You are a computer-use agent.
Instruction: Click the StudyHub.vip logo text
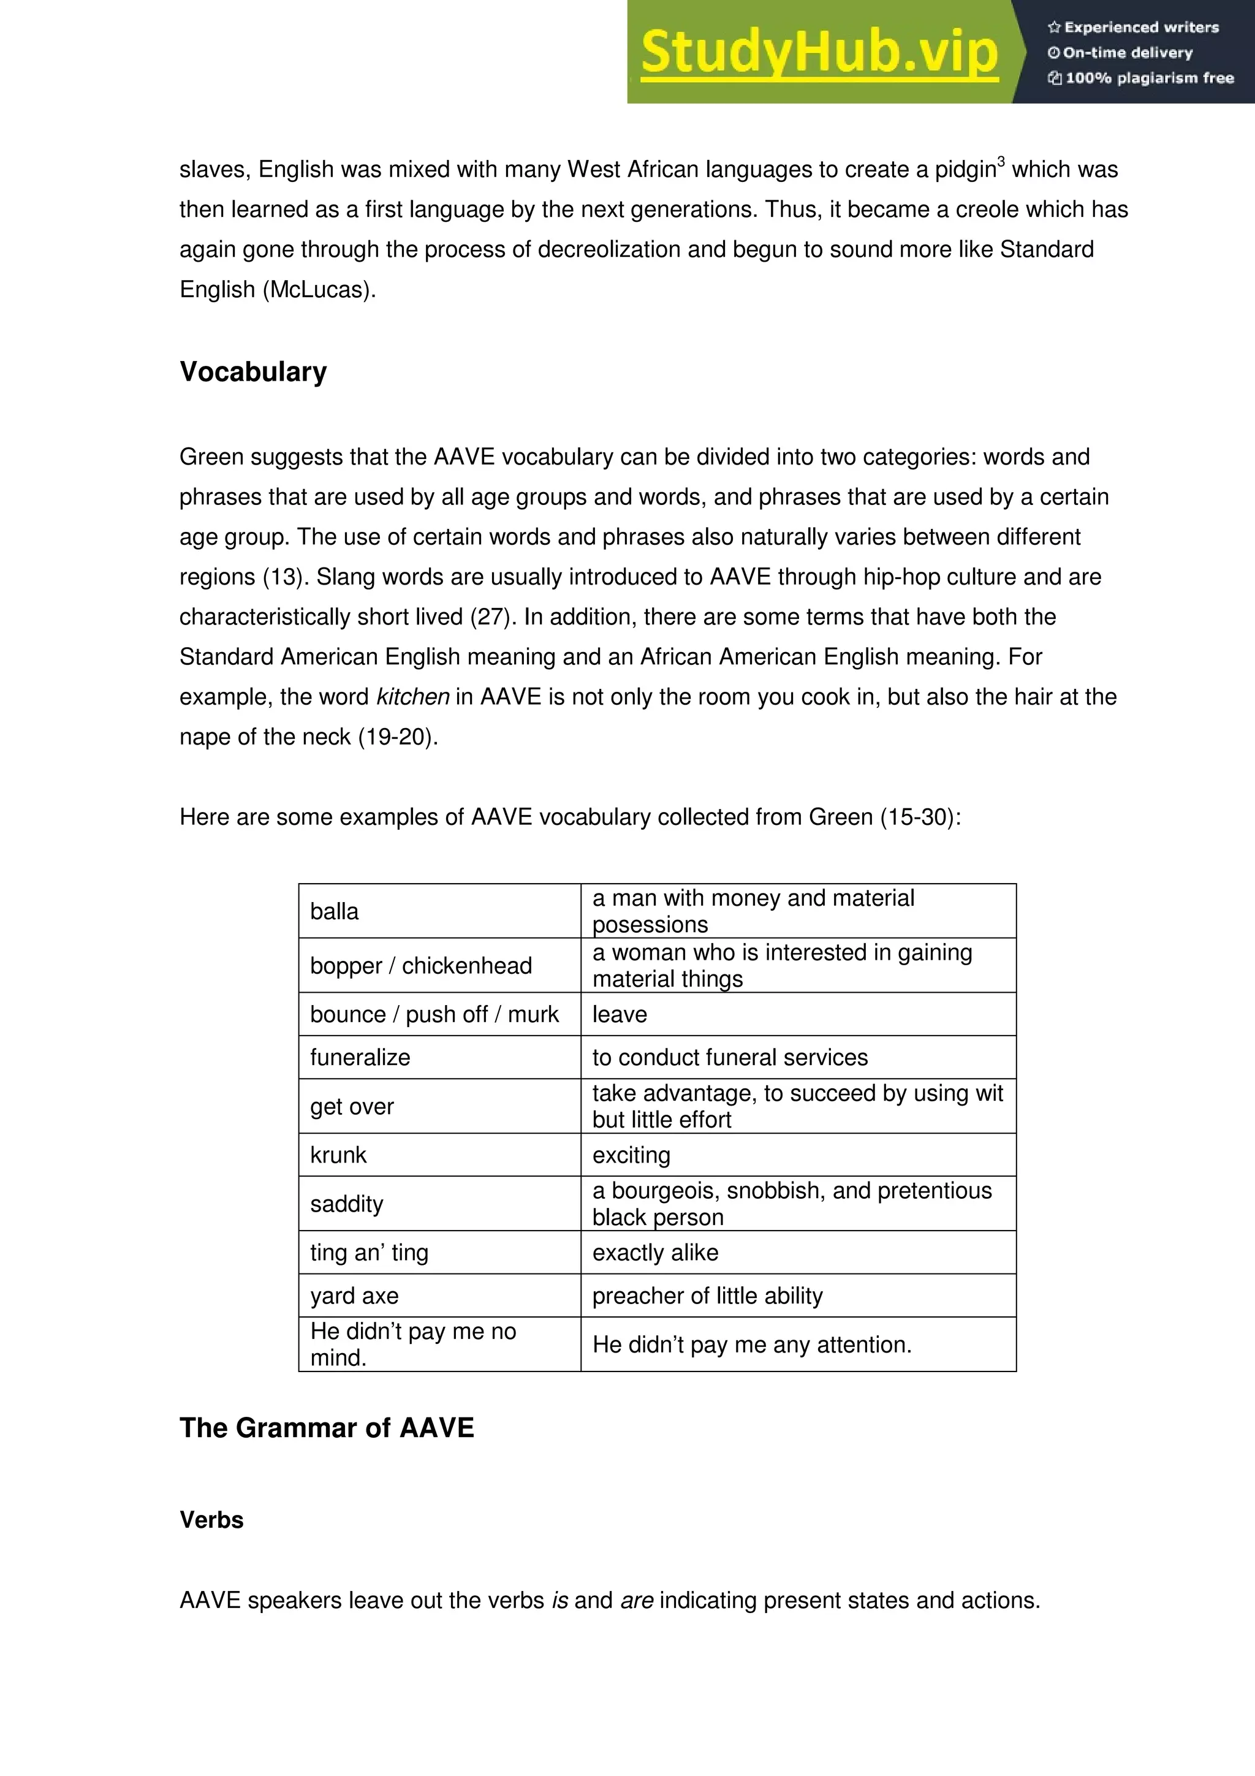pyautogui.click(x=819, y=52)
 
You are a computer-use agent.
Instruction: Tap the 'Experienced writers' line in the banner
pyautogui.click(x=1134, y=27)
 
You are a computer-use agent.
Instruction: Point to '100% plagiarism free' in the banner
pyautogui.click(x=1142, y=77)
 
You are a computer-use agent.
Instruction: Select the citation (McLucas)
pyautogui.click(x=319, y=289)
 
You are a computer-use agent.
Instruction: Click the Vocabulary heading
pyautogui.click(x=253, y=371)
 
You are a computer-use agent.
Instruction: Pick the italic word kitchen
pyautogui.click(x=412, y=696)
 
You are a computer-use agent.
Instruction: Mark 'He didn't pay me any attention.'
pyautogui.click(x=752, y=1345)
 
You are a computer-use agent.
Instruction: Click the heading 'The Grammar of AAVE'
pyautogui.click(x=327, y=1427)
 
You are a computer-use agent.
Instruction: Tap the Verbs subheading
pyautogui.click(x=211, y=1520)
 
